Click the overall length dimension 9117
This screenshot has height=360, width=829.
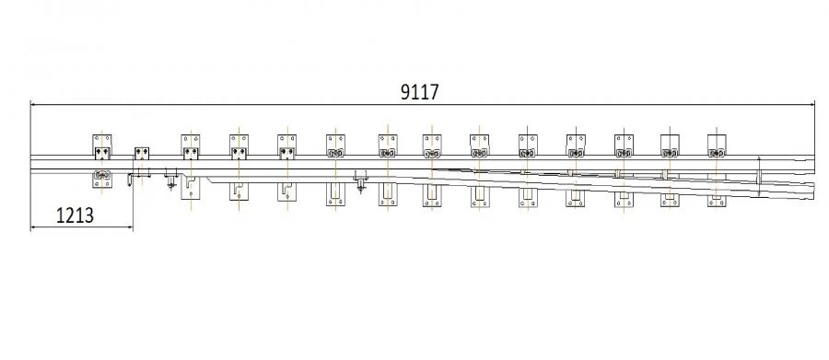[x=419, y=92]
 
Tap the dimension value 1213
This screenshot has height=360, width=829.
[x=75, y=215]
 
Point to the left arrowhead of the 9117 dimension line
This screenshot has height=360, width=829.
[x=33, y=104]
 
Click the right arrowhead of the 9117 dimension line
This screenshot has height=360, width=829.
[x=811, y=104]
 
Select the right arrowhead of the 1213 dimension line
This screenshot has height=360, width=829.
[x=130, y=227]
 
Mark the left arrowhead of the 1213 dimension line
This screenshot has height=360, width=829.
[x=33, y=227]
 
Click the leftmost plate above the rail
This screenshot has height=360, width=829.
[x=102, y=146]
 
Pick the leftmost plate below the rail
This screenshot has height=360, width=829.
[x=102, y=179]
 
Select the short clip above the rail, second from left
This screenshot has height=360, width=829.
[x=142, y=154]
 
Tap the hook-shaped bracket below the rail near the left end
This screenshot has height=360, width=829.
[x=130, y=180]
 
